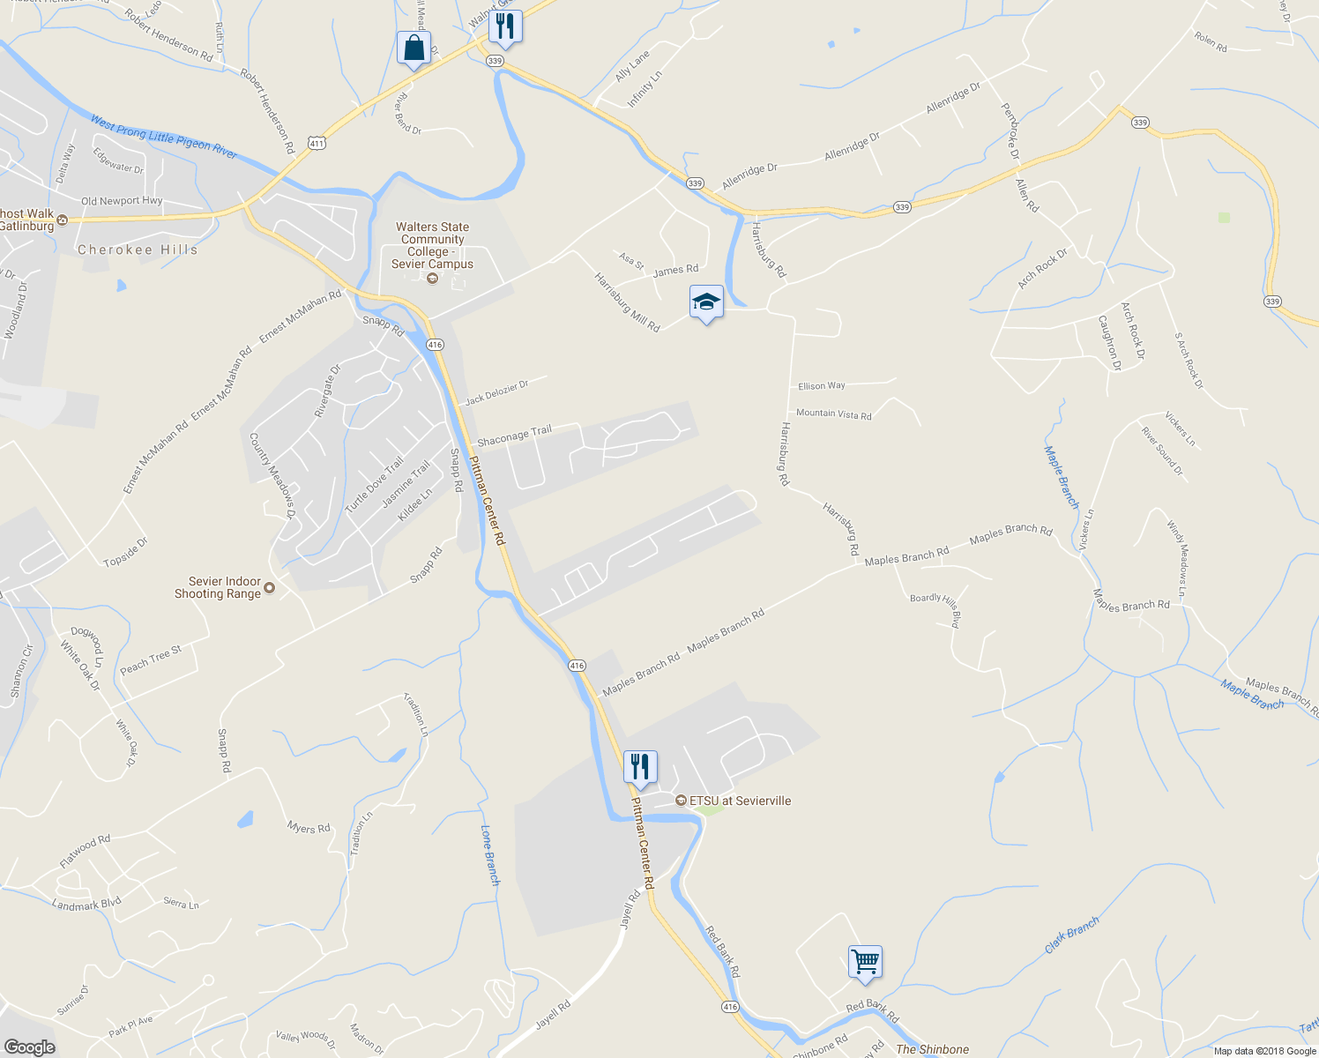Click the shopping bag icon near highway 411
pos(414,49)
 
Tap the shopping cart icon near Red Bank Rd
pos(865,962)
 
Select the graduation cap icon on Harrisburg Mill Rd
pos(705,303)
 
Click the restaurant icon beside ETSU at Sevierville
pos(640,767)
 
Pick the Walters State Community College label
pos(432,245)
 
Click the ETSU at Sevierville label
pos(740,801)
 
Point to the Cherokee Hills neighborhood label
pos(138,250)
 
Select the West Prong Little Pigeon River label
pos(163,138)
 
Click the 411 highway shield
pos(317,141)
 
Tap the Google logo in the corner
pos(29,1047)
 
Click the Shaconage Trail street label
pos(514,435)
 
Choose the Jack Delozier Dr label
pos(496,392)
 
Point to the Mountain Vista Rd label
pos(833,414)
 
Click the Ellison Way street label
pos(821,386)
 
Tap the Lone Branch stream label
pos(490,855)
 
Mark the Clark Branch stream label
pos(1071,935)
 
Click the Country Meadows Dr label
pos(272,475)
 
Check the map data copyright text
pos(1263,1050)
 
